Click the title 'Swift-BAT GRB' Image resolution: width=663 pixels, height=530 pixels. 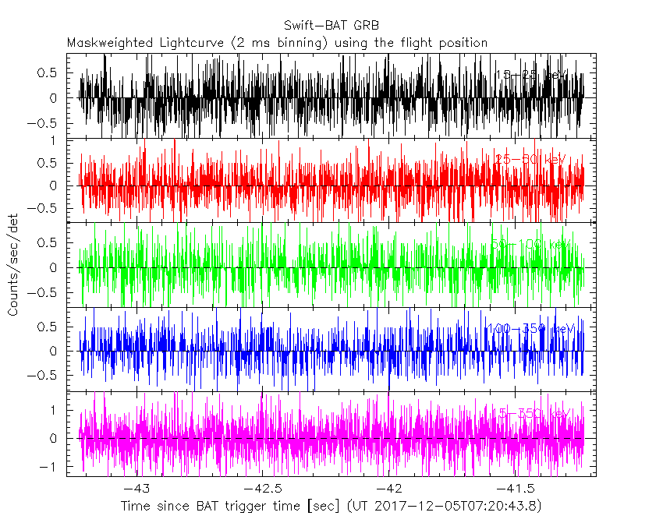tap(331, 26)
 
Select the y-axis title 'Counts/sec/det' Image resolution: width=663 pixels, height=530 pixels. tap(13, 265)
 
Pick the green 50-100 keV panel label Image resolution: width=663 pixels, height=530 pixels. tap(530, 245)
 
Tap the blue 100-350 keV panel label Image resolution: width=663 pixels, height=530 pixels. tap(528, 329)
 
